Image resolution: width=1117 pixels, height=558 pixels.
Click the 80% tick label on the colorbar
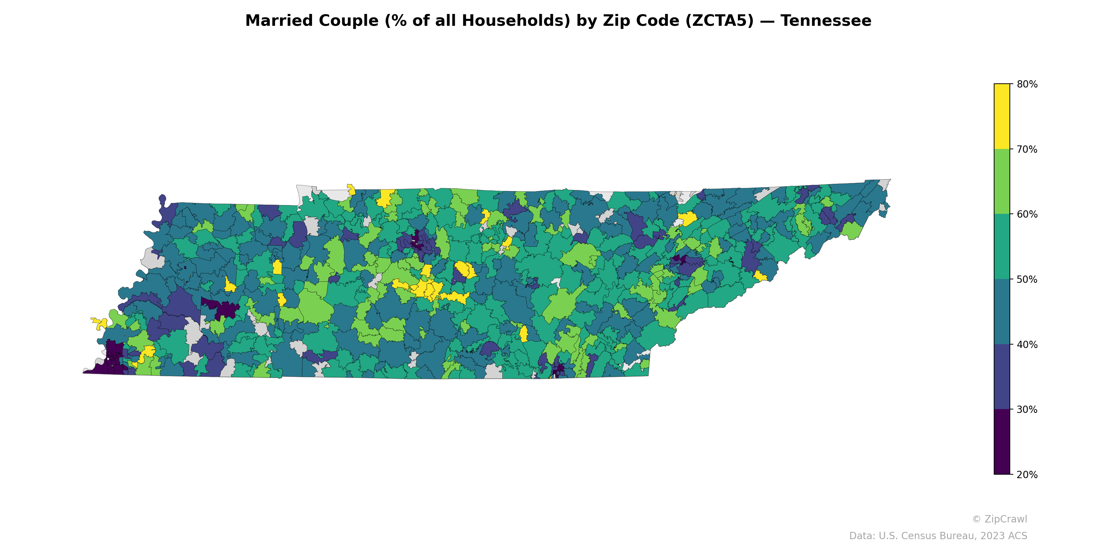pyautogui.click(x=1027, y=84)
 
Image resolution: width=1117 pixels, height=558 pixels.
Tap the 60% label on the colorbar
pyautogui.click(x=1027, y=214)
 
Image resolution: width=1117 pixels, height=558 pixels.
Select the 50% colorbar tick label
pyautogui.click(x=1027, y=279)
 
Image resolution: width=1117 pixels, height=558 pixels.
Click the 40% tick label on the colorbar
pyautogui.click(x=1027, y=345)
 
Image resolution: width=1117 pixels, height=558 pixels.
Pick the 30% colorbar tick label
pyautogui.click(x=1027, y=410)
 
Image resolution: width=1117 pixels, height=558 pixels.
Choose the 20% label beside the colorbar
pyautogui.click(x=1027, y=475)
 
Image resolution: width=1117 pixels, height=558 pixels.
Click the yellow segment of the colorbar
pyautogui.click(x=1002, y=116)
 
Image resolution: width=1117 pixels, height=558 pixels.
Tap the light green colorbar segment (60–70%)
pyautogui.click(x=1002, y=181)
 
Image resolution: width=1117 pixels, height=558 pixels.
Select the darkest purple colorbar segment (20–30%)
pyautogui.click(x=1002, y=442)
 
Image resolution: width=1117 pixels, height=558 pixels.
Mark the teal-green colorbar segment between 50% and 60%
pyautogui.click(x=1002, y=247)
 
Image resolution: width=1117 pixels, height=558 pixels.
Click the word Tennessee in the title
pyautogui.click(x=826, y=21)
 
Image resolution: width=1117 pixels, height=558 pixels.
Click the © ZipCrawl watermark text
pyautogui.click(x=999, y=519)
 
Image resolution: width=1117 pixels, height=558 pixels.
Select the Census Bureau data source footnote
pyautogui.click(x=938, y=536)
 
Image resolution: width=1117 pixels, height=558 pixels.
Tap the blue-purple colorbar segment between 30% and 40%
pyautogui.click(x=1002, y=377)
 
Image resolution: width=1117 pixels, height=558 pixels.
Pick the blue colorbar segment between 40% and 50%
pyautogui.click(x=1002, y=312)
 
